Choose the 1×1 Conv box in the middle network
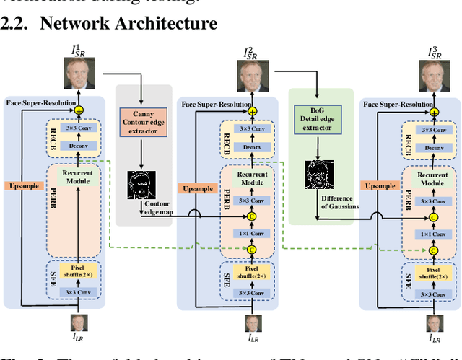[252, 233]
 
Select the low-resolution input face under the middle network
[252, 325]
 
